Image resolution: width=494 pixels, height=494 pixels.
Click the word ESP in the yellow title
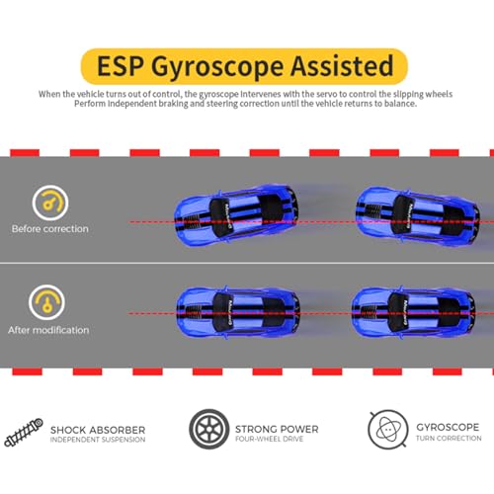121,66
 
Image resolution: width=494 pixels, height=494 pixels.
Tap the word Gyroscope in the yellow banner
217,67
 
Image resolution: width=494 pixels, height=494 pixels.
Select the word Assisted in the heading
342,65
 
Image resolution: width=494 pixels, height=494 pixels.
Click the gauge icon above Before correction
50,203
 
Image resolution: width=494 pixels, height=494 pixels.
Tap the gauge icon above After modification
46,302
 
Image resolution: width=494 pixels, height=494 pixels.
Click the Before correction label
50,229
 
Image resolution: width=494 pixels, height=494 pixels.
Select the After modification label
48,330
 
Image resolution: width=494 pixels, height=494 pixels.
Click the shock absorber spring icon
24,432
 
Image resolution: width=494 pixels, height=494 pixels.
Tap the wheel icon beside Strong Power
209,429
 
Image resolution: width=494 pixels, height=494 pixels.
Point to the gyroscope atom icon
388,429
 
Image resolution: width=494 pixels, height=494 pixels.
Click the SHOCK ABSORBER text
98,430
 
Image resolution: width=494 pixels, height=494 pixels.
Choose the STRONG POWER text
277,429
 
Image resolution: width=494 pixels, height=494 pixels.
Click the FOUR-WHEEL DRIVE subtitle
269,439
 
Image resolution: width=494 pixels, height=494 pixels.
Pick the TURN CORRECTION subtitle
449,439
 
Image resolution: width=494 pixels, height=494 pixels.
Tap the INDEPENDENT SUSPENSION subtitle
98,440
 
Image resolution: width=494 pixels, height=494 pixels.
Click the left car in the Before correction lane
236,215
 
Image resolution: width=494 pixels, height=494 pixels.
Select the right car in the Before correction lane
418,215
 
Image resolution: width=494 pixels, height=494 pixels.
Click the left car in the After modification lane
238,312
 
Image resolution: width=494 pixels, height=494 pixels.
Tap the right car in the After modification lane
414,312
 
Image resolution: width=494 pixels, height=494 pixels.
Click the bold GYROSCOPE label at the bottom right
448,427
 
